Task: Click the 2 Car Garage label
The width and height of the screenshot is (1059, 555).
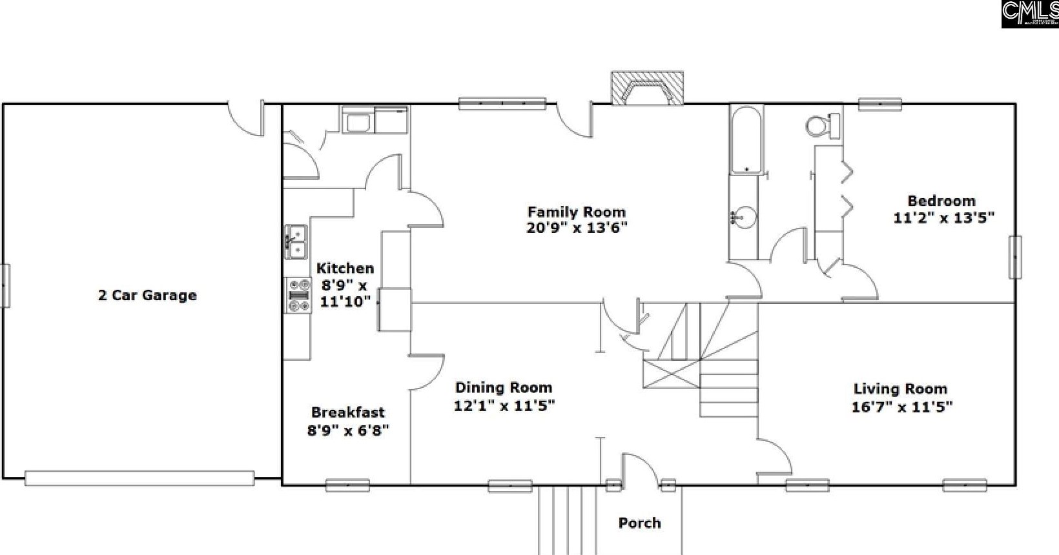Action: click(147, 296)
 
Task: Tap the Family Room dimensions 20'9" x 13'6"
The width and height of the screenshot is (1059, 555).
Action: click(577, 228)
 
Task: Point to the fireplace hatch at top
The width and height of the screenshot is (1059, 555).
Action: click(647, 88)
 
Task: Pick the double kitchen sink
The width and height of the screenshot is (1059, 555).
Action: click(296, 241)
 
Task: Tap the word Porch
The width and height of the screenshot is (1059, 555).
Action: click(639, 523)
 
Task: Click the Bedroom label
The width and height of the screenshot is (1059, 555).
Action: click(941, 201)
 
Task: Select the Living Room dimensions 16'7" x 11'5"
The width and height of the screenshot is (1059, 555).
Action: click(901, 407)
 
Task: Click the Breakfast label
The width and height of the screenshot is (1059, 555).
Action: click(347, 412)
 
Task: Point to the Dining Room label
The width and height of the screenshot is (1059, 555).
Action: click(504, 388)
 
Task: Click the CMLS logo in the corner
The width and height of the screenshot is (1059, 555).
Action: click(1030, 14)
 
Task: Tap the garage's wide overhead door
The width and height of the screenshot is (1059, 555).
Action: click(139, 478)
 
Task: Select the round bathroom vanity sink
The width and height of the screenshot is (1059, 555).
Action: click(745, 217)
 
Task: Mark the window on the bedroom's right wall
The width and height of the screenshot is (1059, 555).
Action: click(1015, 257)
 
